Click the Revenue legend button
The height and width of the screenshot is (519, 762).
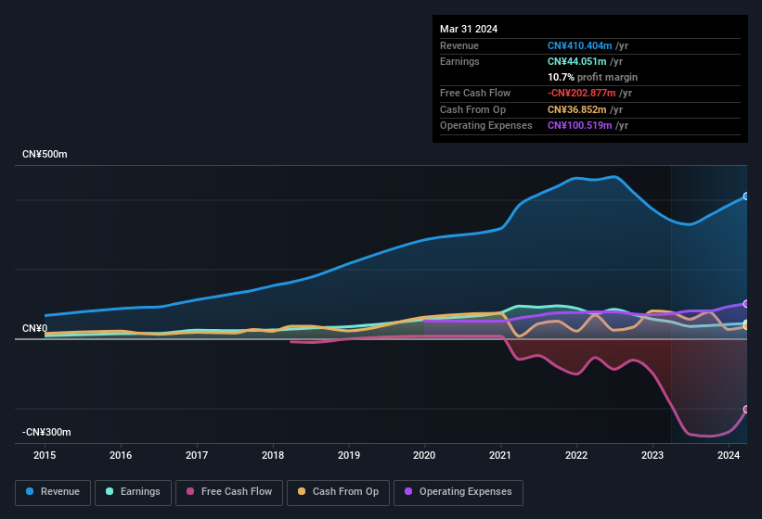click(x=53, y=492)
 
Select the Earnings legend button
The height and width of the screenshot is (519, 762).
click(x=133, y=492)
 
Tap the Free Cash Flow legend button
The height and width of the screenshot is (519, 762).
click(x=229, y=492)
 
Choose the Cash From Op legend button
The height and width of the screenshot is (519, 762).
click(x=338, y=492)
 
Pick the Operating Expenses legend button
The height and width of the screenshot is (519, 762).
click(x=458, y=492)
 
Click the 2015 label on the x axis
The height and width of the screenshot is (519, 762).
click(x=45, y=455)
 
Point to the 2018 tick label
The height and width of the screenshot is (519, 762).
click(x=273, y=455)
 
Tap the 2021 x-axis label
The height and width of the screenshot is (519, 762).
click(x=500, y=455)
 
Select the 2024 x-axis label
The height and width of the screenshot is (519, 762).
click(x=729, y=455)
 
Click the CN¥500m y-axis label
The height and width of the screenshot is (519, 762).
click(x=45, y=154)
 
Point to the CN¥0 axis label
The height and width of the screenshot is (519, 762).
click(x=34, y=329)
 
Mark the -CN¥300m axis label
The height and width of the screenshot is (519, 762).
click(x=46, y=433)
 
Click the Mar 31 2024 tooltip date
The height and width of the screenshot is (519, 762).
click(x=469, y=29)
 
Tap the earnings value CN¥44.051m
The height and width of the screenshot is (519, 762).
click(x=578, y=61)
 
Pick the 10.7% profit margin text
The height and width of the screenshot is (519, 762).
click(x=592, y=77)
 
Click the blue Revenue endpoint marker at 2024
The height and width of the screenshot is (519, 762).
click(x=745, y=196)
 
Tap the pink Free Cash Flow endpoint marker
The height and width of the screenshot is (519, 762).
click(x=745, y=409)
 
